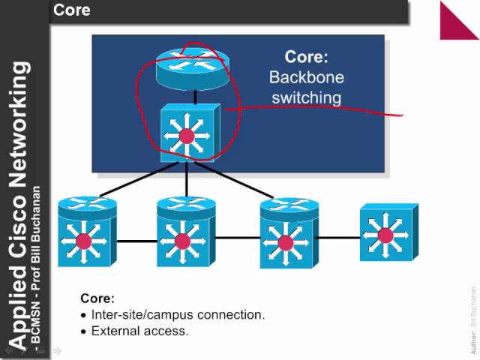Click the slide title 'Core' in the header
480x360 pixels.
point(72,10)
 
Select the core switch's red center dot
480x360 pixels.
point(187,136)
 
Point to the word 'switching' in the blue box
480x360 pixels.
point(305,97)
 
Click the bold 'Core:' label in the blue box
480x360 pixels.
point(306,57)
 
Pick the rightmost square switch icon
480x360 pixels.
point(385,234)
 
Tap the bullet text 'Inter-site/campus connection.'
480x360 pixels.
point(178,315)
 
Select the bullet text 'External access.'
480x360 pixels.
point(139,331)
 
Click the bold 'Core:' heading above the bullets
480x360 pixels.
point(97,298)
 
